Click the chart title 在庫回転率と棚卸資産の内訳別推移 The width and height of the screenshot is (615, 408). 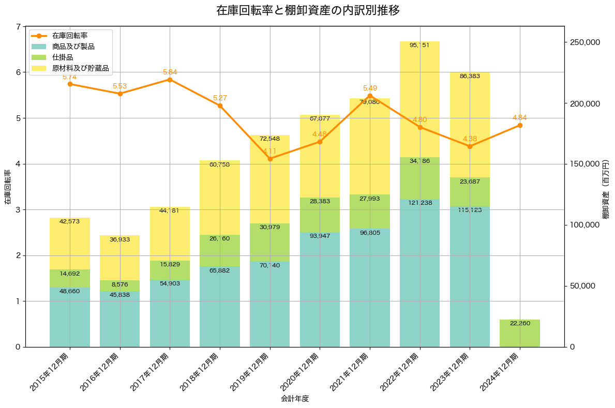[307, 10]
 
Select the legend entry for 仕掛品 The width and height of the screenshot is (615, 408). [63, 57]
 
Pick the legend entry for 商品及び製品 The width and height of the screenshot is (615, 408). [73, 47]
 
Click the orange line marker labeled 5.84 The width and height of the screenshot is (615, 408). [170, 80]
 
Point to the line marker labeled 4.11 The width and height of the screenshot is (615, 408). [270, 159]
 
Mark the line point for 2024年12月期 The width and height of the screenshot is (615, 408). [520, 126]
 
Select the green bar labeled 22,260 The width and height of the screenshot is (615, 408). [520, 333]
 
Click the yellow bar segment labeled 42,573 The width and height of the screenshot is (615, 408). [70, 244]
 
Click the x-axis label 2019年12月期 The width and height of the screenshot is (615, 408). [252, 371]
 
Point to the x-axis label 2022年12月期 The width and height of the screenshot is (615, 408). [402, 371]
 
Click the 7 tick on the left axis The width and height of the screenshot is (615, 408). [18, 27]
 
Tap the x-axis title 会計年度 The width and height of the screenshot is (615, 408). [295, 399]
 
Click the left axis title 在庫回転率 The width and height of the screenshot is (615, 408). [8, 187]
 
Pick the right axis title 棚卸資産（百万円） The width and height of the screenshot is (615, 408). [606, 187]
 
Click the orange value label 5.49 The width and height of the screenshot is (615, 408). [370, 88]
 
